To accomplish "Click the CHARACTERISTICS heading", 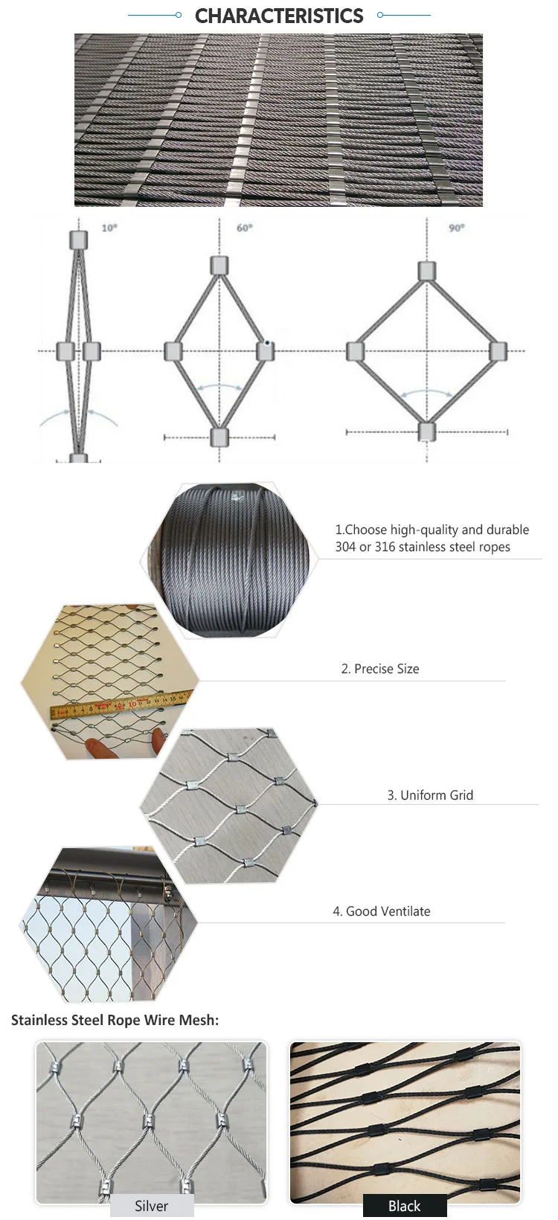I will (x=279, y=16).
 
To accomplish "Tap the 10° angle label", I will (x=109, y=228).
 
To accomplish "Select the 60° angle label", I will (x=244, y=228).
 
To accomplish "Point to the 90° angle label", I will (x=456, y=228).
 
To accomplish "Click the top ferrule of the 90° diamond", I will (x=426, y=271).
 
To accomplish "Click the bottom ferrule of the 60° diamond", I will (x=219, y=436).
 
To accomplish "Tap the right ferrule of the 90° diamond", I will (x=498, y=350).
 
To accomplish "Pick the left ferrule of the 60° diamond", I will (x=173, y=351).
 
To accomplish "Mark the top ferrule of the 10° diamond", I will (x=78, y=240).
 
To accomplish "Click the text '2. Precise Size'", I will (x=380, y=669).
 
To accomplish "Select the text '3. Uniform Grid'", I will (x=430, y=795).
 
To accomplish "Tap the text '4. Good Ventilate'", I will (x=382, y=911).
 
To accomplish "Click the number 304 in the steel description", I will (x=345, y=548).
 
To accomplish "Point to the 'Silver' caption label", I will (x=152, y=1206).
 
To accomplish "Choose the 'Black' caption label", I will (x=405, y=1206).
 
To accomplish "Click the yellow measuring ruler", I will (x=119, y=704).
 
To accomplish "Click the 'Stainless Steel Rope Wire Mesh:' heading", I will (x=115, y=1020).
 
